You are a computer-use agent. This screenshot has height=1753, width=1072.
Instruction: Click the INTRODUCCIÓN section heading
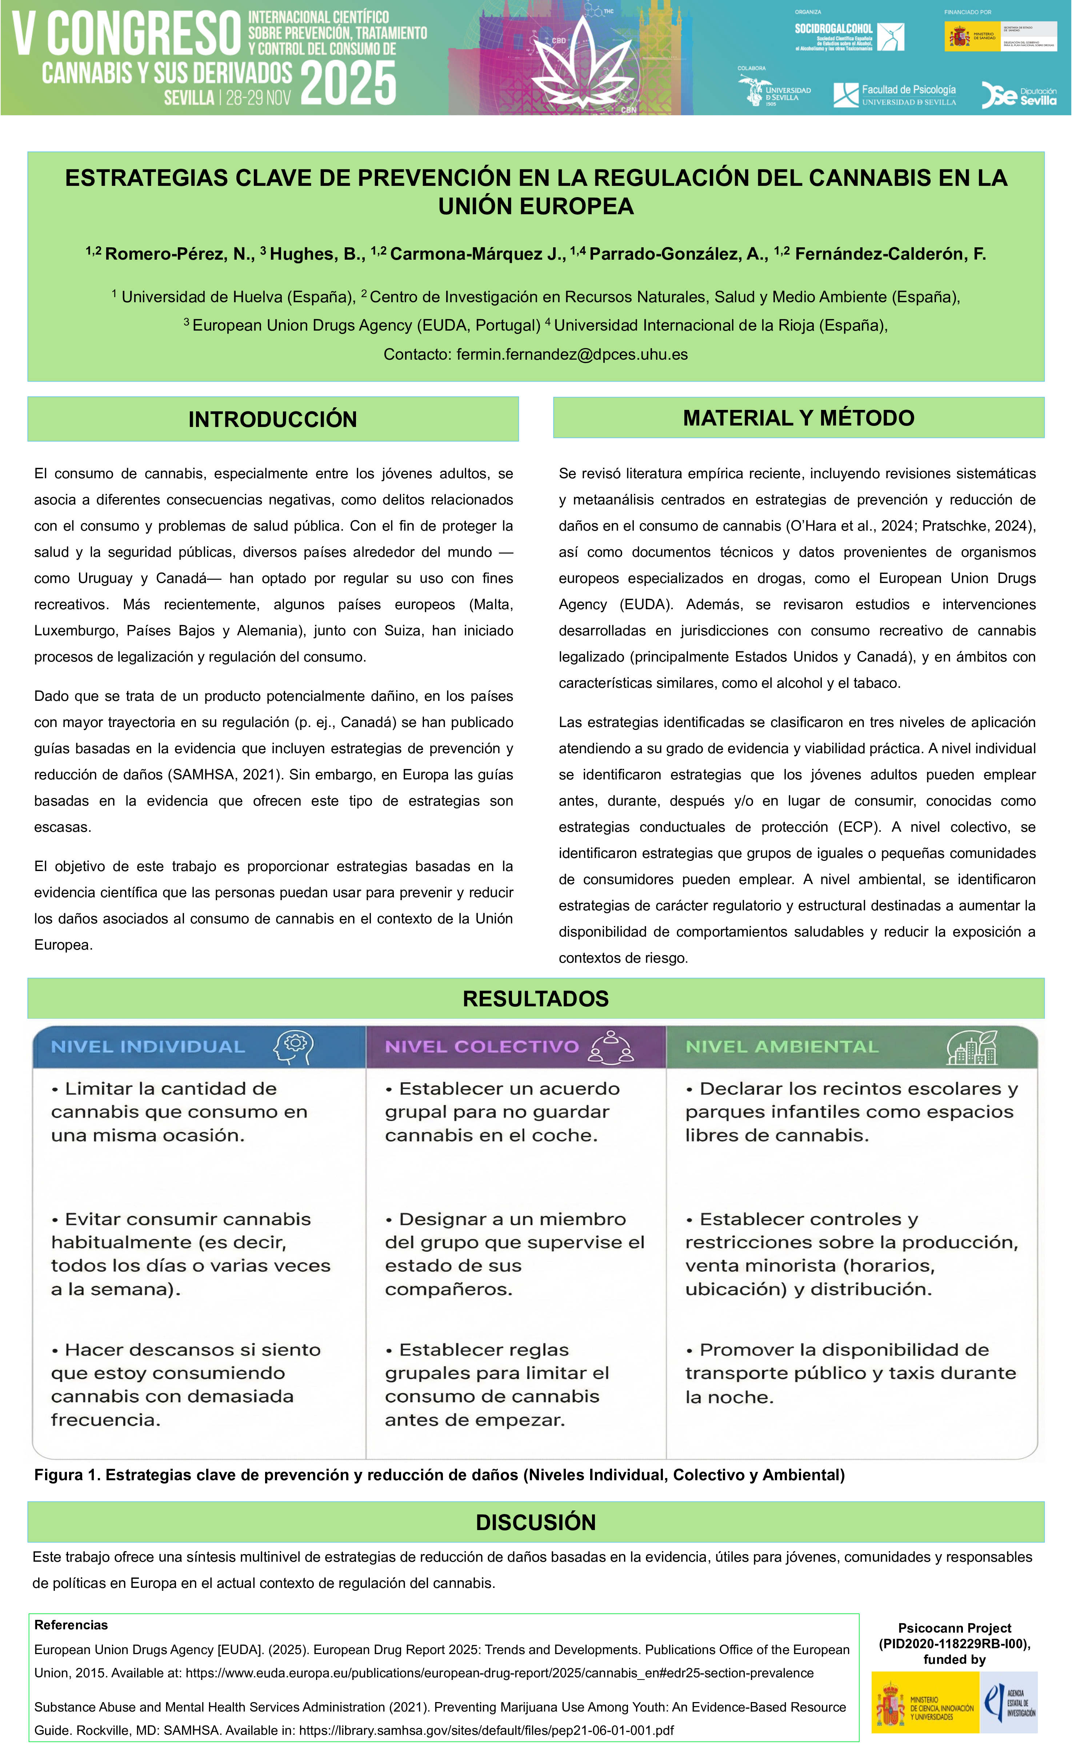pyautogui.click(x=272, y=419)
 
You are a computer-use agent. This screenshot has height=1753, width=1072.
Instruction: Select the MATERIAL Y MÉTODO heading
pyautogui.click(x=798, y=418)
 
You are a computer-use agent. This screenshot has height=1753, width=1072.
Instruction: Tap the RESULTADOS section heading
pyautogui.click(x=536, y=998)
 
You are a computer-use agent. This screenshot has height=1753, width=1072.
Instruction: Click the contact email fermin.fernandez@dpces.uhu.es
pyautogui.click(x=572, y=354)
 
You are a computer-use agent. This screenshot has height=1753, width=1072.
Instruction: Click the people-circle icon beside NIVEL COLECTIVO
pyautogui.click(x=611, y=1047)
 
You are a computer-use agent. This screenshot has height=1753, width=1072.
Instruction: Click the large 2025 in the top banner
pyautogui.click(x=349, y=83)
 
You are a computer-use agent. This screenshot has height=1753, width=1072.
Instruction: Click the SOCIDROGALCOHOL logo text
pyautogui.click(x=833, y=29)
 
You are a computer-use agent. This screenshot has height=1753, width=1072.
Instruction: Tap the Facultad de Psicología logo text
pyautogui.click(x=908, y=90)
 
